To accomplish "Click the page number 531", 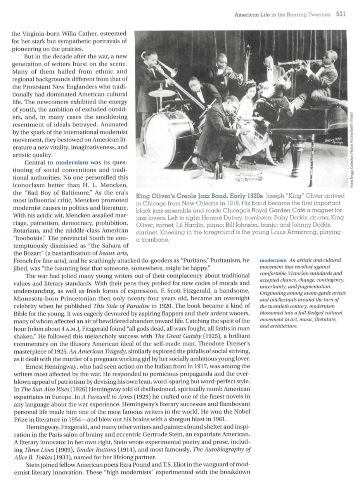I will (341, 14).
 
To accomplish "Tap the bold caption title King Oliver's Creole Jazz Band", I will (199, 196).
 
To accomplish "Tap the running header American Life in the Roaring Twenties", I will (282, 15).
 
